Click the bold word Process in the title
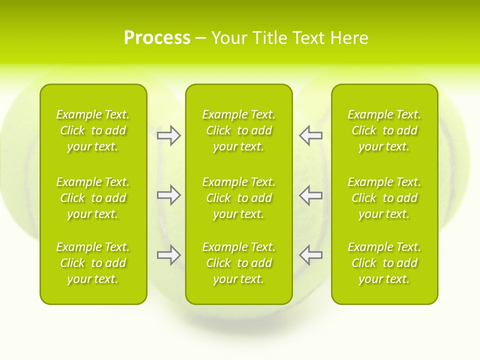tap(157, 38)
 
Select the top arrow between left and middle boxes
tap(168, 135)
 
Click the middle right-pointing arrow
tap(168, 195)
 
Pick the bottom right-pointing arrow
tap(168, 255)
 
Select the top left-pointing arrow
tap(310, 135)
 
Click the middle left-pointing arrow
tap(310, 195)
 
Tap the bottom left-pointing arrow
tap(310, 255)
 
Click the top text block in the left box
tap(93, 130)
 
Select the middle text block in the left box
tap(93, 198)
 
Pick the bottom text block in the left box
tap(93, 263)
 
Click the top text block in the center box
tap(238, 130)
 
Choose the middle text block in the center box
tap(238, 198)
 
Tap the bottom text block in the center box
tap(238, 263)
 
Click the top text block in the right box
tap(384, 130)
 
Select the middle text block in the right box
tap(384, 198)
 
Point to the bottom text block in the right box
tap(384, 263)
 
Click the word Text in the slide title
tap(308, 38)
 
